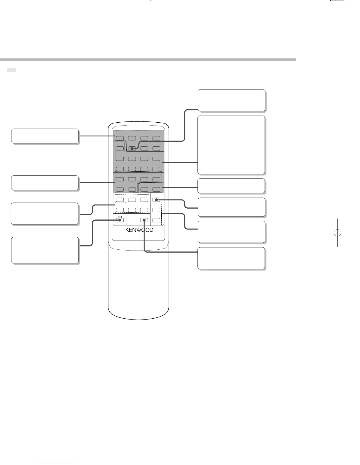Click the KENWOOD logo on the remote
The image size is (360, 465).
139,230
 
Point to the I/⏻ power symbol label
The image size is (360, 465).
120,217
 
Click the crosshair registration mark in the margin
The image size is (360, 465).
337,233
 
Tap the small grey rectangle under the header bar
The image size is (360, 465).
11,70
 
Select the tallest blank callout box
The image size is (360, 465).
231,145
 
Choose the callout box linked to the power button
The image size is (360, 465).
45,250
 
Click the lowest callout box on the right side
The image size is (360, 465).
231,258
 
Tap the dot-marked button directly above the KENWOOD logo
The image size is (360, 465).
144,220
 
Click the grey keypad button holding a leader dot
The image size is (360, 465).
132,148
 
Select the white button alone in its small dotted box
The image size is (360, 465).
120,200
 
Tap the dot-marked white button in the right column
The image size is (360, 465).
156,200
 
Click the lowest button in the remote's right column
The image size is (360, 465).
156,220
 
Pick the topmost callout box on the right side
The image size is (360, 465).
231,100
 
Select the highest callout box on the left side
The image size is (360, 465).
45,136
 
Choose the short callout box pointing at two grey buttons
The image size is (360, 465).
231,186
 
